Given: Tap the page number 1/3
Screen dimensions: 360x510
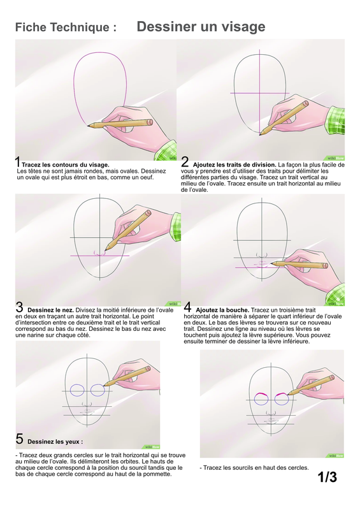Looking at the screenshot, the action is (x=327, y=477).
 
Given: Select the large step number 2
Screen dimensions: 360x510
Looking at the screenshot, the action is (x=185, y=162).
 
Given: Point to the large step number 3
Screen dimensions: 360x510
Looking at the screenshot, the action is (x=19, y=307).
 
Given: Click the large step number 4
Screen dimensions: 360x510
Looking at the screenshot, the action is (x=187, y=307).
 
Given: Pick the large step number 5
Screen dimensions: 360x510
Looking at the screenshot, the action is (x=20, y=439).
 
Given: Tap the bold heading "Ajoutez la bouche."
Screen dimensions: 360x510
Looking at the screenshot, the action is (x=222, y=310).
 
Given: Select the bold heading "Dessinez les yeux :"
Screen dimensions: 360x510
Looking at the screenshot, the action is (x=55, y=442).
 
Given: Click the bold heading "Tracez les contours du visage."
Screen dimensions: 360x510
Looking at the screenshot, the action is (x=66, y=165).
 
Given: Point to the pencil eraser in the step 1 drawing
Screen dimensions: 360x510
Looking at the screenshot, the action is (x=150, y=122).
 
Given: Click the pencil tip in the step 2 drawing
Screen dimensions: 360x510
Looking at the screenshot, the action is (x=261, y=134).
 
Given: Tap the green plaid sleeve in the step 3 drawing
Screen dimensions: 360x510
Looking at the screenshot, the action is (x=176, y=227).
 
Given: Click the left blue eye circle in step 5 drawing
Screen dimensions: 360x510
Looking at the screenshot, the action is (x=77, y=390).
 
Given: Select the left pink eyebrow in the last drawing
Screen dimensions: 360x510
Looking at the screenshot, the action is (x=261, y=395).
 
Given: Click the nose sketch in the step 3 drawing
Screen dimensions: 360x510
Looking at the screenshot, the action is (x=99, y=253).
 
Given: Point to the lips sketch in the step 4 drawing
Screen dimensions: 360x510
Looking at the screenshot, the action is (x=261, y=264).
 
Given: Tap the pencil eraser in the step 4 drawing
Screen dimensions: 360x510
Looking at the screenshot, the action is (x=324, y=265).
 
